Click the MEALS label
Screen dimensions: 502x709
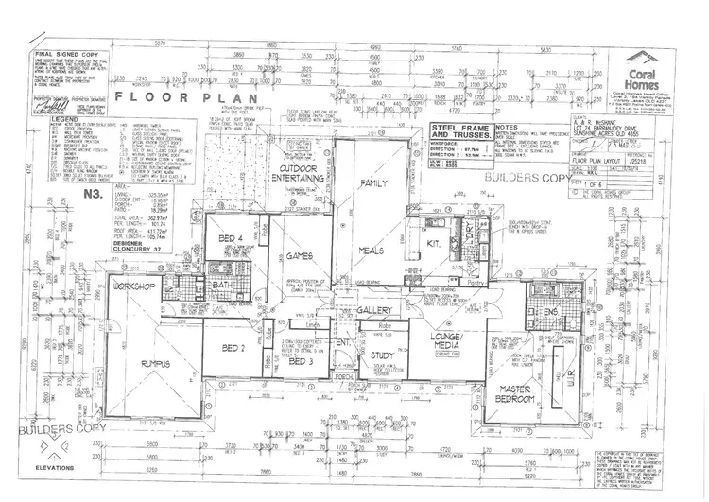click(372, 250)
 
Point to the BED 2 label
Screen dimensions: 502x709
click(233, 349)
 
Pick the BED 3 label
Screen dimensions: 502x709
click(301, 361)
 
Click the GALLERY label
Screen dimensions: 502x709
click(374, 310)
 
